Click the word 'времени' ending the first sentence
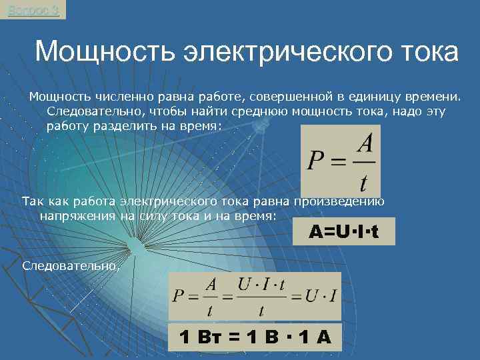click(x=437, y=98)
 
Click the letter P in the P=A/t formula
click(x=315, y=161)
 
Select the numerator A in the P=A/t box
click(x=363, y=143)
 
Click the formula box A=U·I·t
click(x=343, y=232)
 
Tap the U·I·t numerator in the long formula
click(x=262, y=285)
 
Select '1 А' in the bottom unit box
click(x=313, y=337)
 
